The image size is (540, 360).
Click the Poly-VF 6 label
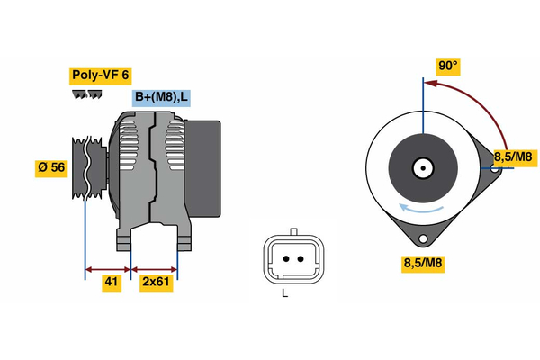click(x=100, y=75)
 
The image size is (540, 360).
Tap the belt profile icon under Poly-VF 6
click(x=85, y=94)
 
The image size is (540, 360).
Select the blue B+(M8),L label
click(x=161, y=98)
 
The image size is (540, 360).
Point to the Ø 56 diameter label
click(x=50, y=167)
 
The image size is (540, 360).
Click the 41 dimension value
click(x=111, y=282)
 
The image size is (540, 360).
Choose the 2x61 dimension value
click(x=156, y=282)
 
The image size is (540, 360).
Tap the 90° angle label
click(x=447, y=66)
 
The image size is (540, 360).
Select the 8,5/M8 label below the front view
click(x=422, y=263)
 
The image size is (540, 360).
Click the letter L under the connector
click(x=285, y=292)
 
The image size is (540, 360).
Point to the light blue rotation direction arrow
click(x=422, y=210)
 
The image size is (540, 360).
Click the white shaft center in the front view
click(x=421, y=167)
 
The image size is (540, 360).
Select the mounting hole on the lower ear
click(x=422, y=238)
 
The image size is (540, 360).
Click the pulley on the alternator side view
click(x=86, y=170)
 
